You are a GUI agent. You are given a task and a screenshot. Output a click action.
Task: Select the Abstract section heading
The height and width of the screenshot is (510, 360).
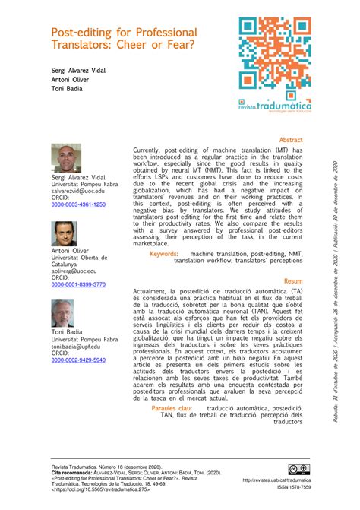(291, 141)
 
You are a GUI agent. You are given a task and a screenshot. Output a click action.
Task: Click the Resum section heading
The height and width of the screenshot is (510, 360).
(293, 281)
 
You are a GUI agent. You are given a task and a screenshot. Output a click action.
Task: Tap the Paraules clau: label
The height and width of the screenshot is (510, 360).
(172, 408)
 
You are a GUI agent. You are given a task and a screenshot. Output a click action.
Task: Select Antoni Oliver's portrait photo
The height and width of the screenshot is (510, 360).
(65, 233)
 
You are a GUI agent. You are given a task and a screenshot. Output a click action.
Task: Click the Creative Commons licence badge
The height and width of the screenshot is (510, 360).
(294, 468)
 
